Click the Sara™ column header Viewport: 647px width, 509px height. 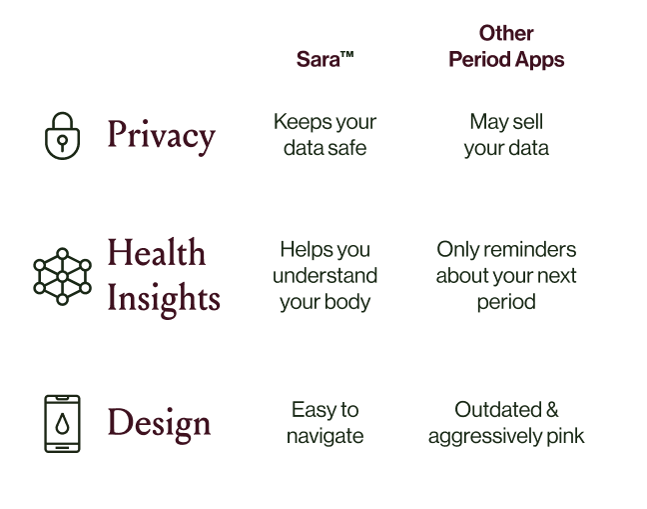(325, 59)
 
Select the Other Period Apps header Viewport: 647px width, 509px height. (506, 47)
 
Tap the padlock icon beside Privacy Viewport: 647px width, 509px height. (62, 135)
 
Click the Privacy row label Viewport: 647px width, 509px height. (161, 136)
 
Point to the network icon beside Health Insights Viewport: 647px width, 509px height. (62, 275)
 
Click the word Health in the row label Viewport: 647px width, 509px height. (156, 253)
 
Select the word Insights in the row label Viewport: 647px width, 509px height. (164, 297)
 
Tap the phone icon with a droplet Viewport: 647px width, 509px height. (62, 423)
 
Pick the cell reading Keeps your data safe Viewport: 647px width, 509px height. (325, 135)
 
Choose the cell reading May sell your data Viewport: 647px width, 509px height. (506, 135)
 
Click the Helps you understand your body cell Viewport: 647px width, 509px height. (325, 275)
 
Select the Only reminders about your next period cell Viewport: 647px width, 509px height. (506, 275)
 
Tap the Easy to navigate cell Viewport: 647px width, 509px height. (325, 423)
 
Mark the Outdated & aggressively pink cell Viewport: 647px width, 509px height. (506, 423)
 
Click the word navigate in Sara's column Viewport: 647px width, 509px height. (325, 436)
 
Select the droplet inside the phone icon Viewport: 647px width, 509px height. (62, 424)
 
